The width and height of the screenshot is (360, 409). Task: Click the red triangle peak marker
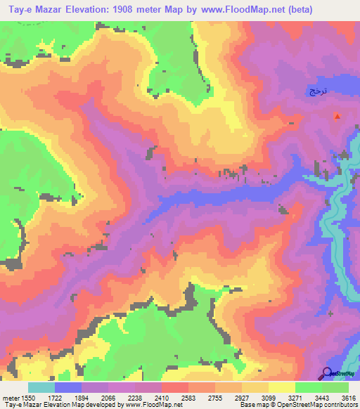(337, 116)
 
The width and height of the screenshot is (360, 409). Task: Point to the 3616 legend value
(347, 397)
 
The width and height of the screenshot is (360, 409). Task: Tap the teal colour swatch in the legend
(41, 387)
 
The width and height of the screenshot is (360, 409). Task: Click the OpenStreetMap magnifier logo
(328, 373)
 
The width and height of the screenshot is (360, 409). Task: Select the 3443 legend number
(321, 397)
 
